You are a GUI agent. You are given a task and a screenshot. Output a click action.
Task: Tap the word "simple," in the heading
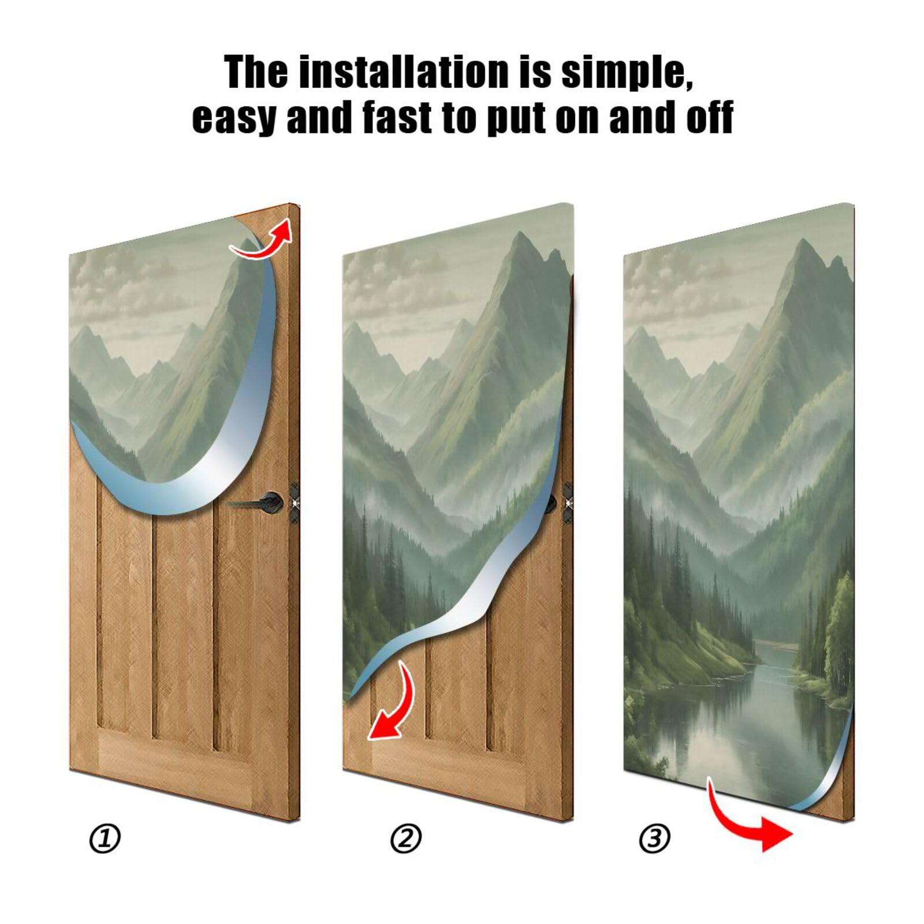(x=627, y=73)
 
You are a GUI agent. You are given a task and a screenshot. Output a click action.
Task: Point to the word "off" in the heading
(x=710, y=117)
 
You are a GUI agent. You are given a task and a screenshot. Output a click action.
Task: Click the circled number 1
(x=105, y=839)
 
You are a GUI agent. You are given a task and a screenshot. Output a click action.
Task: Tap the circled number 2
(x=406, y=839)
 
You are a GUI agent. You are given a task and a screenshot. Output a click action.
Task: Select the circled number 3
(x=654, y=839)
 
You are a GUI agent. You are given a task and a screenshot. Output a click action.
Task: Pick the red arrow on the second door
(x=394, y=706)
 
